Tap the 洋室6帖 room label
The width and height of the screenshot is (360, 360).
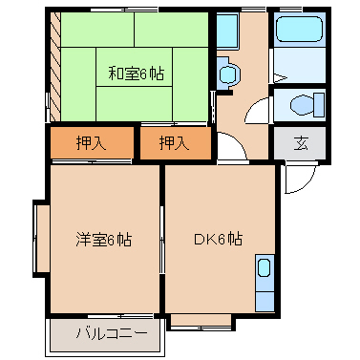[103, 239]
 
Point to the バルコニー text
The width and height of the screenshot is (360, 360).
[113, 335]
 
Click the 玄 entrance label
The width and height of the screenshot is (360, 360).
[300, 144]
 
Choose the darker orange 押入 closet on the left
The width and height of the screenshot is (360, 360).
[91, 144]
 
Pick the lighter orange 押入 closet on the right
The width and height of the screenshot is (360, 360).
[173, 144]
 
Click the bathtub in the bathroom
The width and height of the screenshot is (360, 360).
[300, 31]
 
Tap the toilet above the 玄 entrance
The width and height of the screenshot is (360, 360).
[300, 104]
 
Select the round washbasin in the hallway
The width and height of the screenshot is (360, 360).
[227, 74]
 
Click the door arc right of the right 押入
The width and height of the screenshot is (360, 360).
[229, 148]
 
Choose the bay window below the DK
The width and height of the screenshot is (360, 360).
[200, 321]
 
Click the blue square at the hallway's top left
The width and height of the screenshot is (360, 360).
[227, 32]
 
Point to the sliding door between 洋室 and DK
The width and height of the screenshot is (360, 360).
[162, 239]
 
